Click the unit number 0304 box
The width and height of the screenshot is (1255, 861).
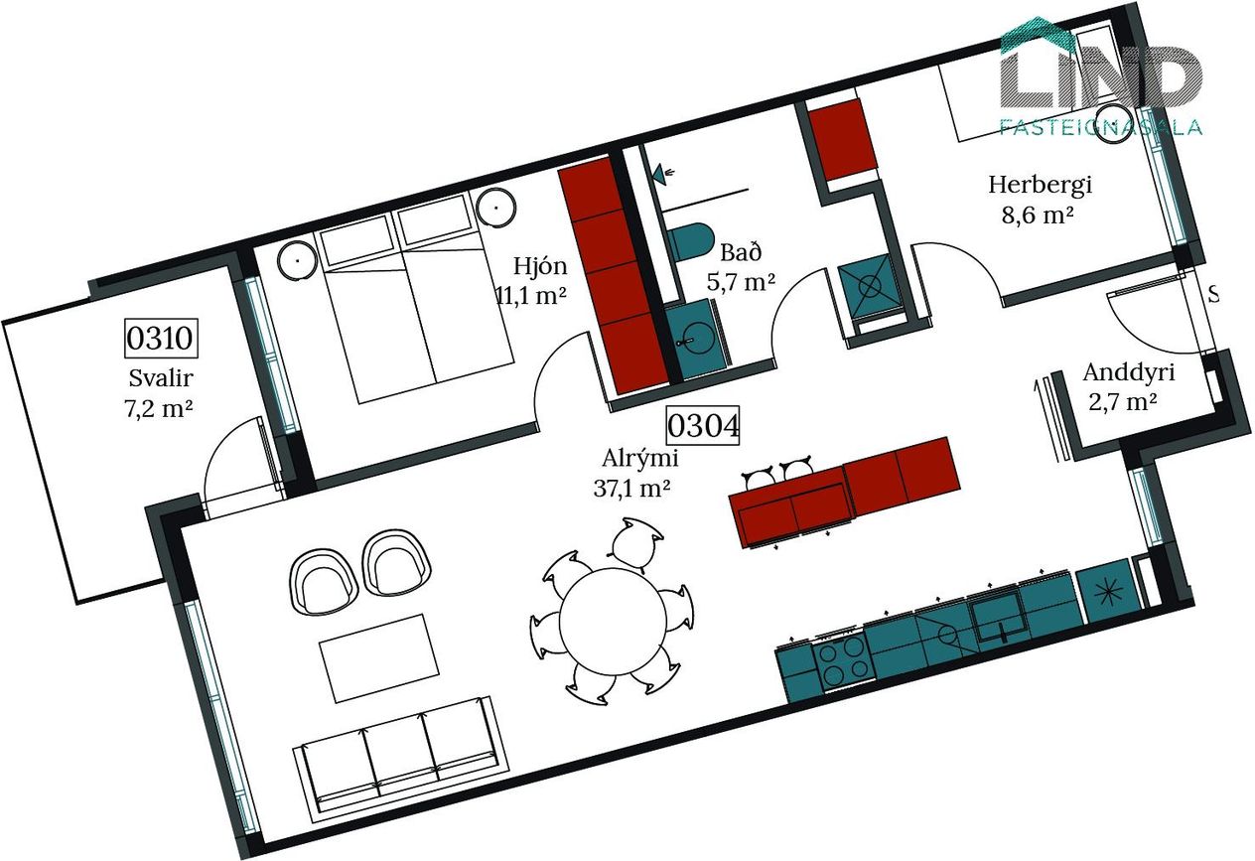coord(703,425)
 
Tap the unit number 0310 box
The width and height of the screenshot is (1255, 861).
coord(161,338)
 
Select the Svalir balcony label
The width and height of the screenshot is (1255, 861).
coord(161,377)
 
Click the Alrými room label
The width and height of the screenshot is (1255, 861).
coord(639,459)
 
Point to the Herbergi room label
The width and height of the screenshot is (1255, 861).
coord(1040,185)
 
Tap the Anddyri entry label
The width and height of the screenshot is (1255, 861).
coord(1128,372)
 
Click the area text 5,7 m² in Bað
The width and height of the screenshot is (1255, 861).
coord(741,282)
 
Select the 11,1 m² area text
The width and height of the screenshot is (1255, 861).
coord(531,294)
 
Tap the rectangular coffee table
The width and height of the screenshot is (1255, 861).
coord(380,658)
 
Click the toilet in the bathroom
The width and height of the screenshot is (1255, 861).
coord(689,241)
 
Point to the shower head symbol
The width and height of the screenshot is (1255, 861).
coord(664,173)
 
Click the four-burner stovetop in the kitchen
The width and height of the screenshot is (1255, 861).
coord(844,662)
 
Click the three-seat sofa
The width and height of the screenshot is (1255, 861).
coord(400,755)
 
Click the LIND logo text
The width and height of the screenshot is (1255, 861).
coord(1100,76)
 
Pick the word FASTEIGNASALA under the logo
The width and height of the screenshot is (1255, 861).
coord(1101,127)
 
